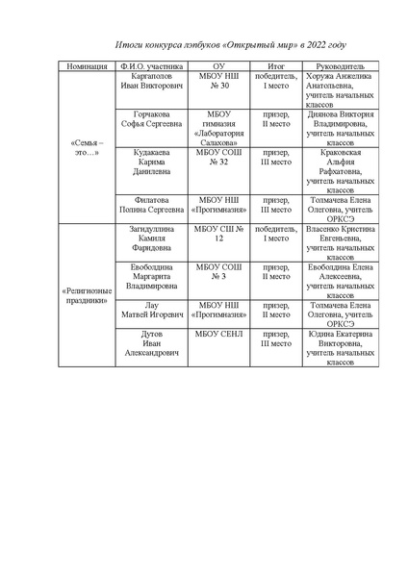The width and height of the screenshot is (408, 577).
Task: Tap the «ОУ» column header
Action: click(217, 66)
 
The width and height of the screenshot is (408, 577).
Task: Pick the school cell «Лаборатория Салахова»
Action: click(217, 129)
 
